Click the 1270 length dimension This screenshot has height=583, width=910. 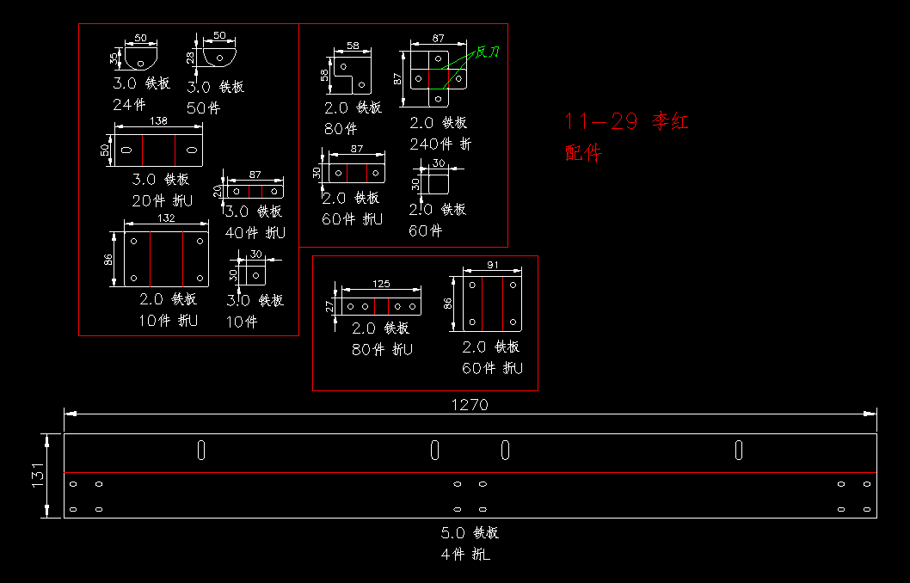pos(469,404)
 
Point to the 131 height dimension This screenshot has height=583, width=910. pos(38,476)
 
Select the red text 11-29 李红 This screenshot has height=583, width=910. pos(626,121)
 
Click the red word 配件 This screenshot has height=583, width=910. pos(584,153)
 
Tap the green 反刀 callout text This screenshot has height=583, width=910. pos(488,52)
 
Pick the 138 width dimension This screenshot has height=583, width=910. pos(158,121)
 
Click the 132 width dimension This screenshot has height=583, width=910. pos(165,218)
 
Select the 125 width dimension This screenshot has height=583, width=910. pos(380,283)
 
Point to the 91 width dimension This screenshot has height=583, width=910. pos(492,265)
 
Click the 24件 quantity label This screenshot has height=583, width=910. pos(129,105)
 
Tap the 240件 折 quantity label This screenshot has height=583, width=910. pos(440,144)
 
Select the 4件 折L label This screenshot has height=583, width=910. pos(465,555)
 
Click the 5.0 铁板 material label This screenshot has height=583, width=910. pos(470,533)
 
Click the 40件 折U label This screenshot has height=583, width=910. pos(255,232)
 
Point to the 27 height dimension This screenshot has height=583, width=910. pos(329,305)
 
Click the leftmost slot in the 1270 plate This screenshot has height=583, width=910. pos(200,450)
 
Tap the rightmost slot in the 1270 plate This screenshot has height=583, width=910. pos(739,450)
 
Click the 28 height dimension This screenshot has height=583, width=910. pos(190,57)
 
